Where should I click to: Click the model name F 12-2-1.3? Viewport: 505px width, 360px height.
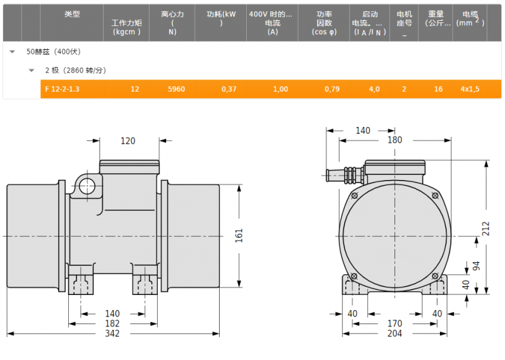[x=62, y=89]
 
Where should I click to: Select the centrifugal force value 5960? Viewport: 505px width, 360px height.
[x=176, y=89]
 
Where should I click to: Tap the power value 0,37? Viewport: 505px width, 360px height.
[x=229, y=89]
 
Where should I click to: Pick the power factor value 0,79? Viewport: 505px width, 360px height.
[x=332, y=89]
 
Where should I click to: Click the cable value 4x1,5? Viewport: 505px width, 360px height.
[x=470, y=89]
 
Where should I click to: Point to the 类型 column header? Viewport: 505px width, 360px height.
[x=72, y=14]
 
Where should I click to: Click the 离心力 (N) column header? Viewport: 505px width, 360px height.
[x=172, y=23]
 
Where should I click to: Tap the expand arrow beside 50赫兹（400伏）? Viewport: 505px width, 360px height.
[x=12, y=52]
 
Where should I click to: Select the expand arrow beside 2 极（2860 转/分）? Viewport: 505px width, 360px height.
[x=31, y=70]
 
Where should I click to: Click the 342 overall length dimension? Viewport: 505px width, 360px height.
[x=112, y=333]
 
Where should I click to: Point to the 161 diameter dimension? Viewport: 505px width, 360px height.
[x=239, y=236]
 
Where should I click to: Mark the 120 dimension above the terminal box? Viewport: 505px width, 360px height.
[x=128, y=141]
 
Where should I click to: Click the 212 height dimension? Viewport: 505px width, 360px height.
[x=485, y=229]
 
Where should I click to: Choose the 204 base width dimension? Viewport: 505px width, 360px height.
[x=395, y=333]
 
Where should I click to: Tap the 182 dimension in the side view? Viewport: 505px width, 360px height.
[x=112, y=323]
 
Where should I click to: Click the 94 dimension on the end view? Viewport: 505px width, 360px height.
[x=476, y=265]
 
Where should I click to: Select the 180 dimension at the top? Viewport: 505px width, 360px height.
[x=395, y=140]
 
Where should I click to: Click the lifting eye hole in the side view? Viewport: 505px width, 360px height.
[x=87, y=186]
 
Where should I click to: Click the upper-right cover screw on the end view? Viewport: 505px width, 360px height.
[x=435, y=195]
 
